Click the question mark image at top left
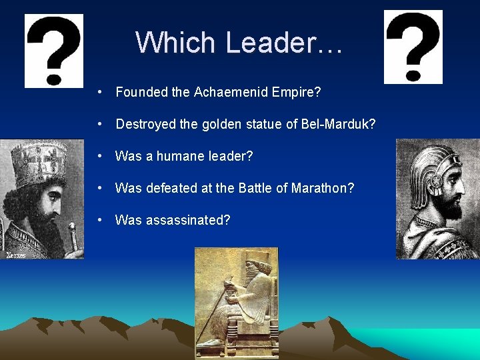click(x=54, y=51)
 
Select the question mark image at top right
click(x=413, y=47)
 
